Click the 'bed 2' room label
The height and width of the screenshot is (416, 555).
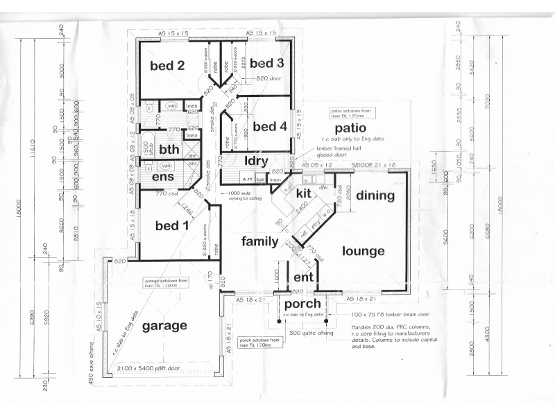coord(166,66)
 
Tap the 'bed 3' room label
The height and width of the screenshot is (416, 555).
coord(267,64)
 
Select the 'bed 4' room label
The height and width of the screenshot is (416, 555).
coord(269,127)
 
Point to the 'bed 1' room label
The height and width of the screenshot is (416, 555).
coord(171,225)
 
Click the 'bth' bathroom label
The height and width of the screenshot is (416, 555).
coord(169,149)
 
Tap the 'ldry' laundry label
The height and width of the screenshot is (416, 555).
coord(257,161)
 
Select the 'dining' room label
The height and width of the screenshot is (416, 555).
coord(375,196)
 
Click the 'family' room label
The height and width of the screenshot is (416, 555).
coord(260,241)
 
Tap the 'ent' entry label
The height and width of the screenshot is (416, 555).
coord(305,277)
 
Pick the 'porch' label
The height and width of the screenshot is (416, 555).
coord(301,304)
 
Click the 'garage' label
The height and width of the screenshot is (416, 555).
coord(164,325)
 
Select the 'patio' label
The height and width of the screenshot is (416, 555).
coord(350,129)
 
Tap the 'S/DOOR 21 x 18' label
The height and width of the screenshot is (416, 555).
coord(373,165)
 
